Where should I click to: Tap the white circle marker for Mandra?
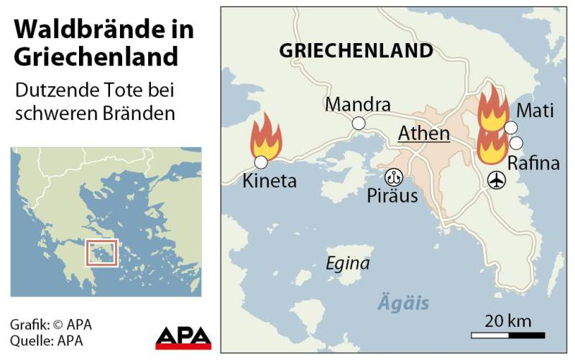[x=358, y=124]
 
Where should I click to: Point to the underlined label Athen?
[x=424, y=134]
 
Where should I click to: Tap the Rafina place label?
[x=533, y=163]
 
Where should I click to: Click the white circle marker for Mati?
[x=511, y=128]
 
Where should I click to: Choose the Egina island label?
[x=348, y=264]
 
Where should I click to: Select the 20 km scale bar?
[x=507, y=335]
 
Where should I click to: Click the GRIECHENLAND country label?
[x=356, y=51]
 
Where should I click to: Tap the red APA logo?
[x=183, y=338]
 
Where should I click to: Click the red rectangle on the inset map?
[x=101, y=253]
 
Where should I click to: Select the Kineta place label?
[x=270, y=180]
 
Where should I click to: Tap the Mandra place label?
[x=357, y=104]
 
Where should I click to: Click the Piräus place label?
[x=392, y=195]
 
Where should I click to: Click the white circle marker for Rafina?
[x=516, y=142]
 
